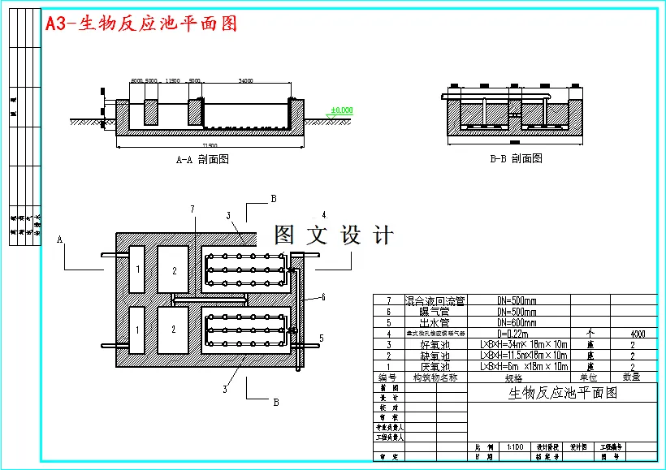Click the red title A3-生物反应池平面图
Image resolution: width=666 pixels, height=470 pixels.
[x=141, y=24]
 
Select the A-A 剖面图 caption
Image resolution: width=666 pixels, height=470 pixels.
[x=202, y=159]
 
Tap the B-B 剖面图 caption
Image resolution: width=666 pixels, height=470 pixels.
[x=516, y=159]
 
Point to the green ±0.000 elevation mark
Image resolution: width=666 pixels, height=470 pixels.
[x=341, y=110]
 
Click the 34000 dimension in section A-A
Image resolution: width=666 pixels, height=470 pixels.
[x=245, y=80]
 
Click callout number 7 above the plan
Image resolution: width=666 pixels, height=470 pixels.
[x=192, y=209]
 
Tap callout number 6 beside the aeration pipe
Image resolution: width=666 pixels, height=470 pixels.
[x=322, y=297]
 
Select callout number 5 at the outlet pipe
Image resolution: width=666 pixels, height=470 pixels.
[x=321, y=338]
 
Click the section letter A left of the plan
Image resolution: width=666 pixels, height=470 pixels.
[x=60, y=239]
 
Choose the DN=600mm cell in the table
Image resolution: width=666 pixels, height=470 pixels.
[x=517, y=322]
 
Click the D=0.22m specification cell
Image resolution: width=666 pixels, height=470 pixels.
[x=517, y=334]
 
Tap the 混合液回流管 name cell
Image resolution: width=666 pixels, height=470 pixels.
[x=436, y=300]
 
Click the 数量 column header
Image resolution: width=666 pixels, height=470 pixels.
[x=632, y=377]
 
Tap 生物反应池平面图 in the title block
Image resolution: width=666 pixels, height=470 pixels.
[x=562, y=393]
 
